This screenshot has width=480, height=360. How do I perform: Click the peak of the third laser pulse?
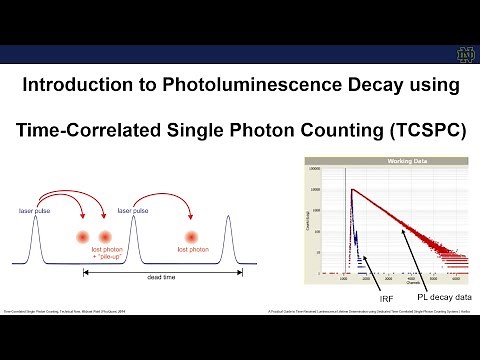coord(229,218)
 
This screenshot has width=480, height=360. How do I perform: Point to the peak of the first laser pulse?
coord(37,218)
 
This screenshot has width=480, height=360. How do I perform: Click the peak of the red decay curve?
coord(350,189)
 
